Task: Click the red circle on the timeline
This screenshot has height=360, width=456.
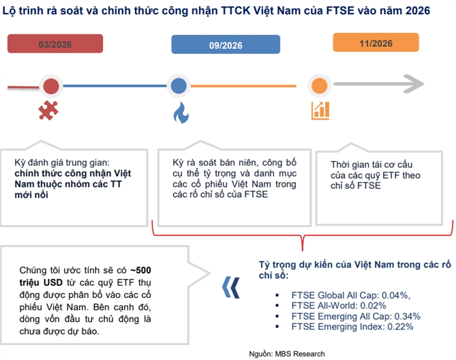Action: point(50,86)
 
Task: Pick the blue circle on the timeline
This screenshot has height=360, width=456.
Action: point(179,86)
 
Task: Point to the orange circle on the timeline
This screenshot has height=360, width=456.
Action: point(317,86)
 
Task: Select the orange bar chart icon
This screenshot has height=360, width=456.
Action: point(320,110)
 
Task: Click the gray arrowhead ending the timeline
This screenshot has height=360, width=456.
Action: point(415,85)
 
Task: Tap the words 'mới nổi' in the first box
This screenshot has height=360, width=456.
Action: point(32,195)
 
